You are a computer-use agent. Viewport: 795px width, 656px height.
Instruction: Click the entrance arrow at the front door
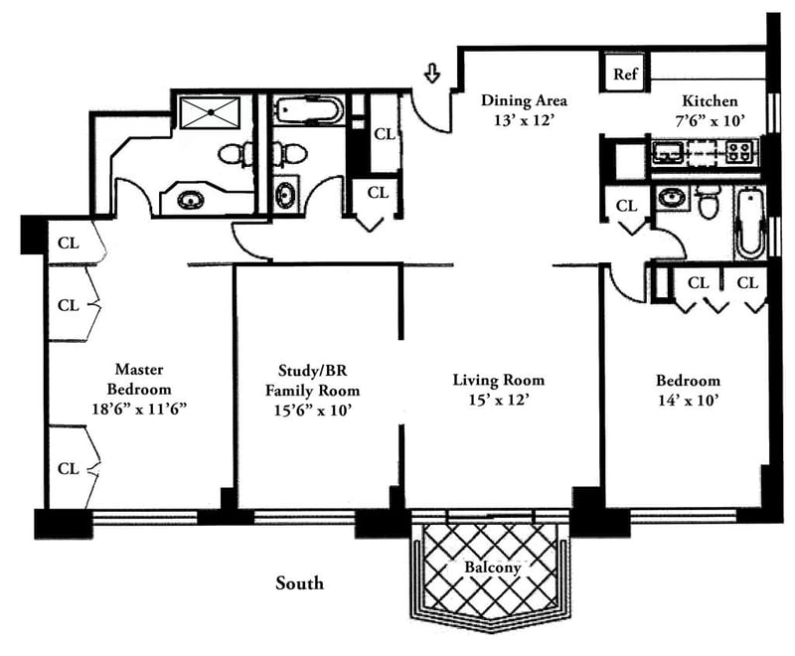(432, 74)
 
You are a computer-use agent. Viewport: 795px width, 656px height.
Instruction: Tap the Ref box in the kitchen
(625, 75)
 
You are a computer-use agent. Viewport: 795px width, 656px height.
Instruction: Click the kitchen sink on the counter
(667, 152)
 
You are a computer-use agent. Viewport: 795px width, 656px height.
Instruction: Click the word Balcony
(493, 569)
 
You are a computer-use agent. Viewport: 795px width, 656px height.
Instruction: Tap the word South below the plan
(299, 583)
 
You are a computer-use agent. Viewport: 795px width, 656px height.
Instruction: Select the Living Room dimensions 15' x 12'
(498, 401)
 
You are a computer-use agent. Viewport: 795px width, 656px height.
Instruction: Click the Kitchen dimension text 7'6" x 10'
(710, 120)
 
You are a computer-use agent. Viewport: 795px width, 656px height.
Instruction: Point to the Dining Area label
(525, 100)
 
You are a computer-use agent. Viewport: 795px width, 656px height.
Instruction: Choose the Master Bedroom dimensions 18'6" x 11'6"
(140, 408)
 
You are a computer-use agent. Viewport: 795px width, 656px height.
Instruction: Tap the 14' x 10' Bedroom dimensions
(688, 401)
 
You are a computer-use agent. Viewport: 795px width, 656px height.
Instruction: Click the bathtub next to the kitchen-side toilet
(748, 223)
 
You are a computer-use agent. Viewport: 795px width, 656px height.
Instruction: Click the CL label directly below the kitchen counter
(626, 207)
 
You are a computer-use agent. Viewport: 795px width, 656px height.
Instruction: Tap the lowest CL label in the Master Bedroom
(68, 467)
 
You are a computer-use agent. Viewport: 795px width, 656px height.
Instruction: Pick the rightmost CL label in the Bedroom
(747, 282)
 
